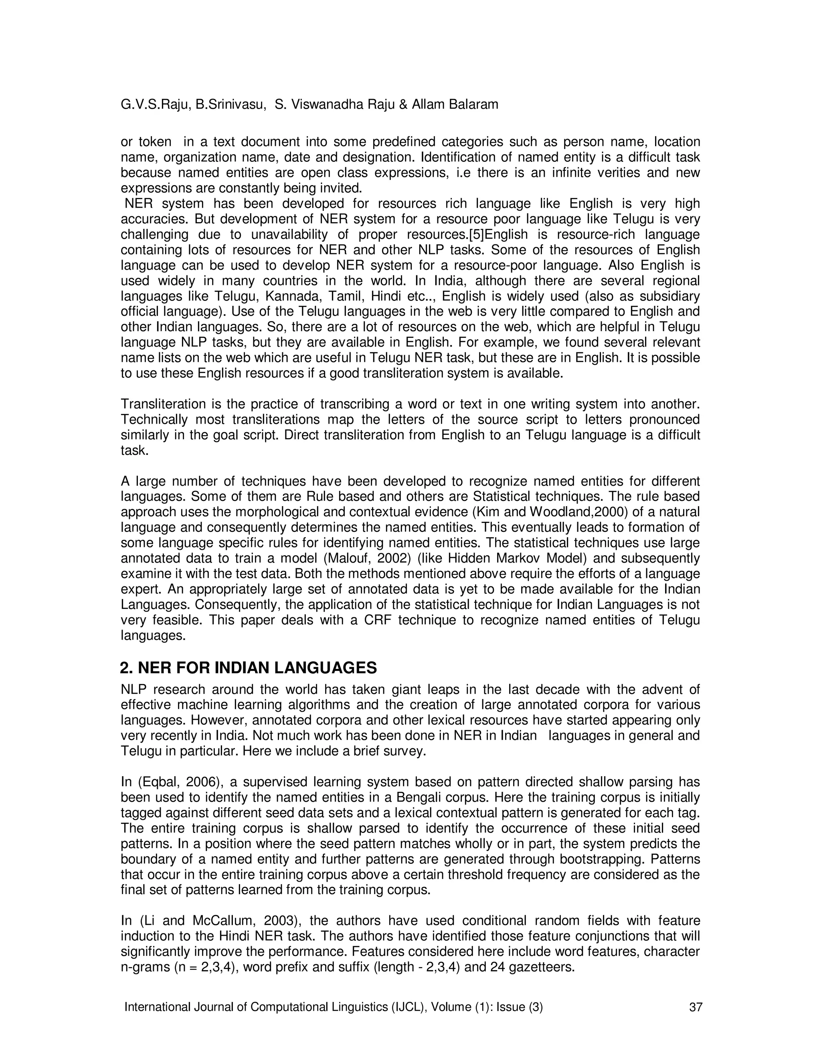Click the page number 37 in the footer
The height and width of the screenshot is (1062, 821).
point(696,1007)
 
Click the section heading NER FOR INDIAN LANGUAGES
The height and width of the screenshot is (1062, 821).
point(248,668)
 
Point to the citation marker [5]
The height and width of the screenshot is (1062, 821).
point(477,235)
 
